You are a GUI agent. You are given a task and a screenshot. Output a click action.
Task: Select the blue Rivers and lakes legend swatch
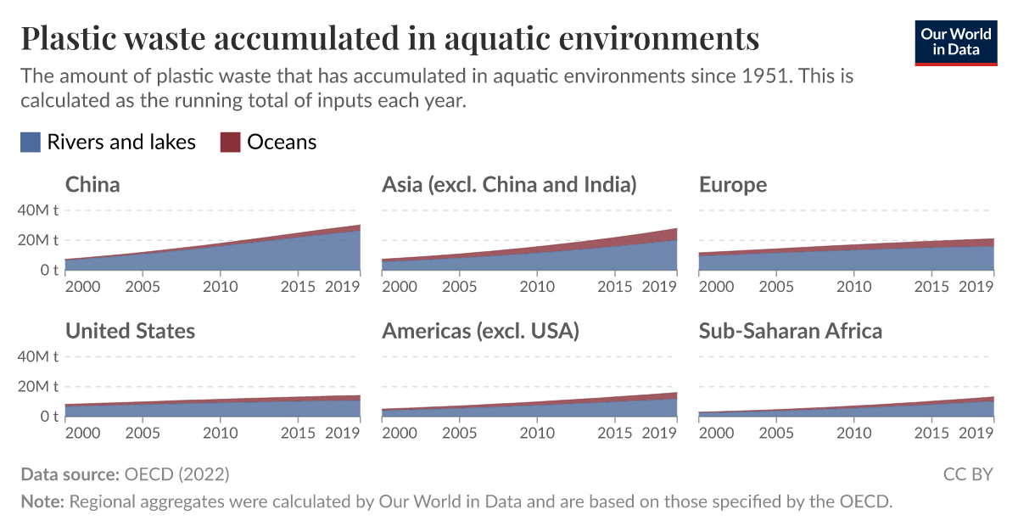(x=31, y=143)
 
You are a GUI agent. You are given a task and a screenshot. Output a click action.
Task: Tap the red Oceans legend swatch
(x=231, y=143)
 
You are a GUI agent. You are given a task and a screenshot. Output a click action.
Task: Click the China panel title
(x=92, y=185)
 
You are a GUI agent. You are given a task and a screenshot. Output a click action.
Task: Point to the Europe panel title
(x=732, y=185)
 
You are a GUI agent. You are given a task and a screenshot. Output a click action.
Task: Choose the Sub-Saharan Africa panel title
(x=790, y=331)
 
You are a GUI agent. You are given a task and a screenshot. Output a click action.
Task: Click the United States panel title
(x=130, y=331)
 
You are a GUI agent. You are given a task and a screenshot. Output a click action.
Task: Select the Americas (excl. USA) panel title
(x=480, y=331)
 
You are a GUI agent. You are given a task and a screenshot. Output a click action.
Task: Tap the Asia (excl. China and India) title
(x=509, y=185)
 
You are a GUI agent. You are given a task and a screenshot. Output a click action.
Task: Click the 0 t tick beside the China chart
(x=48, y=271)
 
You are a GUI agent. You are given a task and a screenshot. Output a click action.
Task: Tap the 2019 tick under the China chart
(x=344, y=287)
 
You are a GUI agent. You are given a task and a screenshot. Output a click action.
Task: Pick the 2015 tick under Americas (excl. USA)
(x=615, y=434)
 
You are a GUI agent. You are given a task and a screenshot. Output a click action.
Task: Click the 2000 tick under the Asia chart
(x=400, y=287)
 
